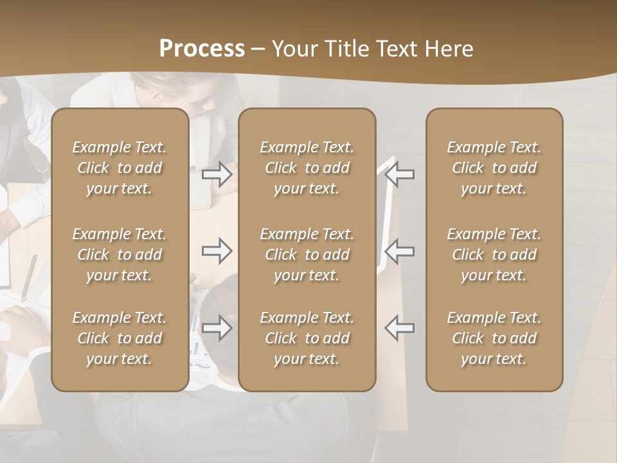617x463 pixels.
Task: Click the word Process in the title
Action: (x=202, y=49)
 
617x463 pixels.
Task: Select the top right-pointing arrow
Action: (x=217, y=174)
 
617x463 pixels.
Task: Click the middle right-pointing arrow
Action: (x=217, y=251)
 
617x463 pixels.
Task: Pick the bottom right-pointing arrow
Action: (x=217, y=328)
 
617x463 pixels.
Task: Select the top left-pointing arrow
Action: (x=400, y=174)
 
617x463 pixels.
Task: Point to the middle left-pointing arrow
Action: (x=400, y=251)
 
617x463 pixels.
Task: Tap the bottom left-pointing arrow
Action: (x=400, y=328)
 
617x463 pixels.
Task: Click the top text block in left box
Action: (x=120, y=168)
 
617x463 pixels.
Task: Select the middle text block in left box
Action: (x=120, y=255)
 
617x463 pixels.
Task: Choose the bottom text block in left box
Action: (x=120, y=338)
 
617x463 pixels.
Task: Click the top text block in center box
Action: (x=307, y=168)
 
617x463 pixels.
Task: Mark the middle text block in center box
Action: (x=307, y=255)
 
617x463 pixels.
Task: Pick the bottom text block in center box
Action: (x=307, y=338)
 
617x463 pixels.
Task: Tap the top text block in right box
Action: (x=494, y=168)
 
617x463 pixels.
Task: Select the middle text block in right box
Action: (x=494, y=255)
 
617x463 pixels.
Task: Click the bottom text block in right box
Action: (x=494, y=338)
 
